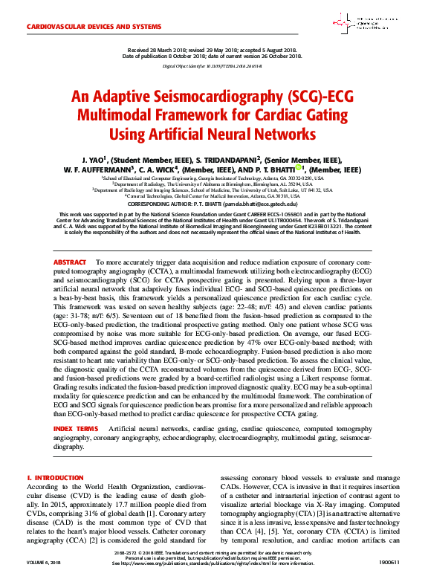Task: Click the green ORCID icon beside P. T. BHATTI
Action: [x=299, y=169]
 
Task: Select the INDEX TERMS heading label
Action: [x=75, y=430]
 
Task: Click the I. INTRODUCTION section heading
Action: [x=54, y=477]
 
